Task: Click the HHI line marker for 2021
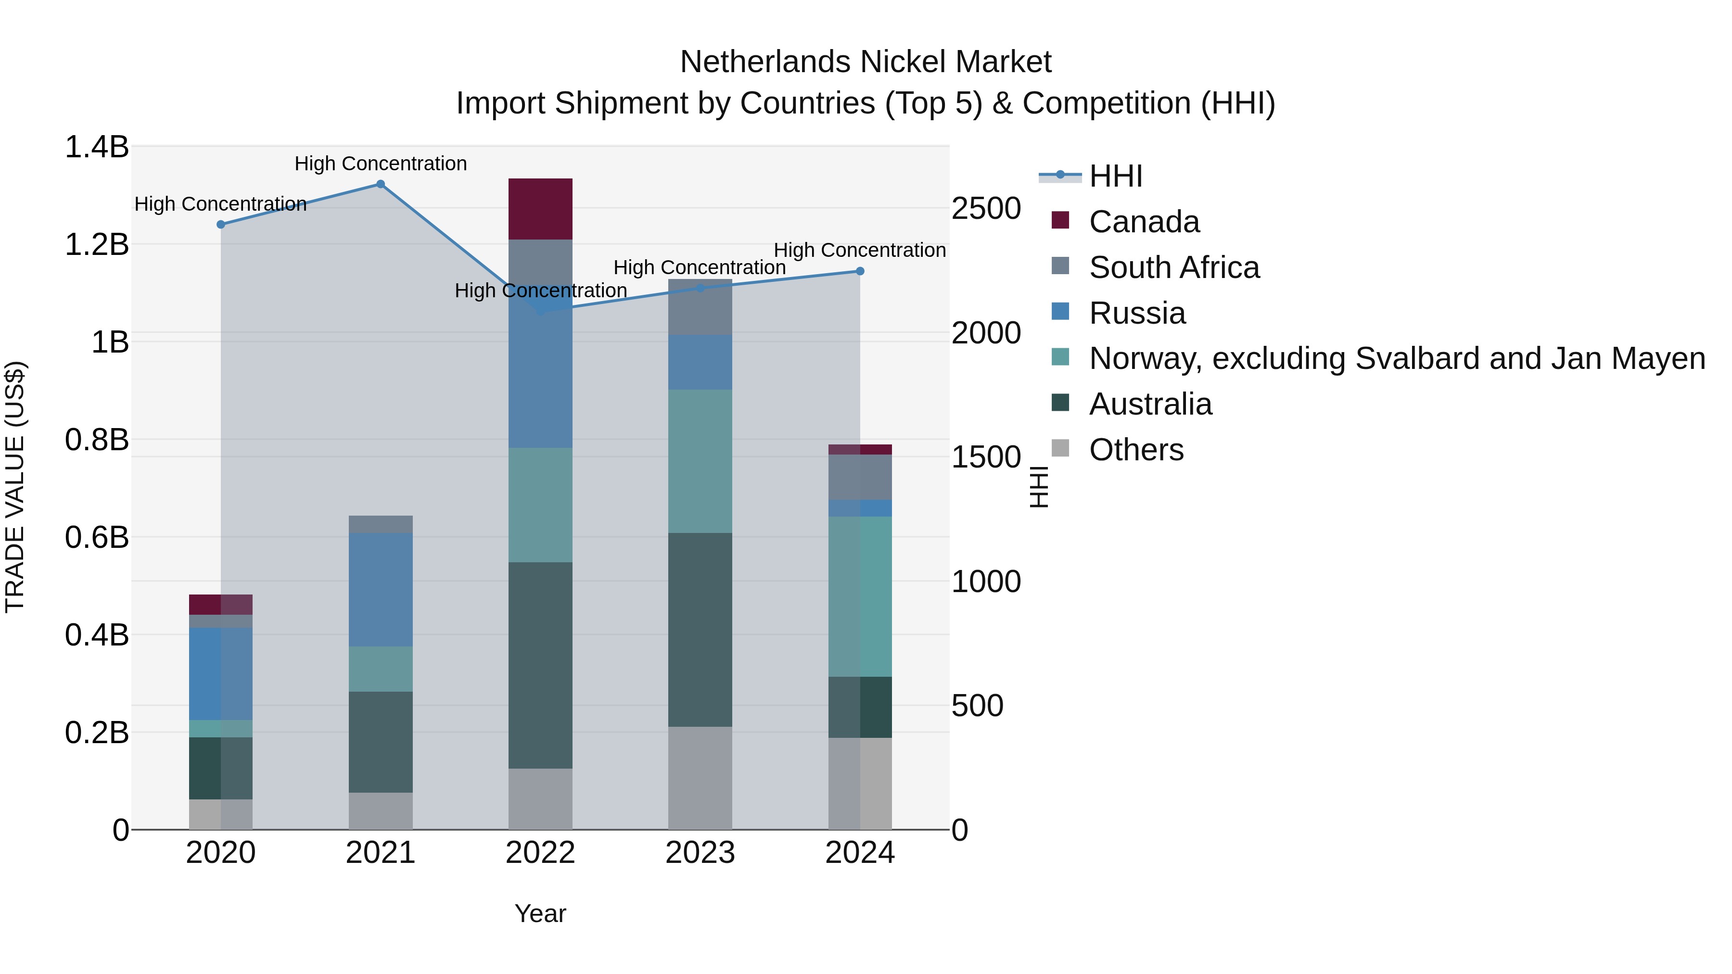pyautogui.click(x=381, y=184)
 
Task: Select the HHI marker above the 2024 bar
pyautogui.click(x=859, y=272)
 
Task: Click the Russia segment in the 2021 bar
pyautogui.click(x=381, y=590)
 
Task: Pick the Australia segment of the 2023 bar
pyautogui.click(x=700, y=629)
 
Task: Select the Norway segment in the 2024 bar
pyautogui.click(x=859, y=596)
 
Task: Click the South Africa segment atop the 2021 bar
pyautogui.click(x=381, y=524)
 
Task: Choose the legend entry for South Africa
pyautogui.click(x=1173, y=267)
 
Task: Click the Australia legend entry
pyautogui.click(x=1150, y=405)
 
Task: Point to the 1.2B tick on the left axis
pyautogui.click(x=97, y=245)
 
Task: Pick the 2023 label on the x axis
pyautogui.click(x=700, y=853)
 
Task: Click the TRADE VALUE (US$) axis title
pyautogui.click(x=15, y=487)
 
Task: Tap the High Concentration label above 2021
pyautogui.click(x=381, y=164)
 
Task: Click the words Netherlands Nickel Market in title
pyautogui.click(x=866, y=62)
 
